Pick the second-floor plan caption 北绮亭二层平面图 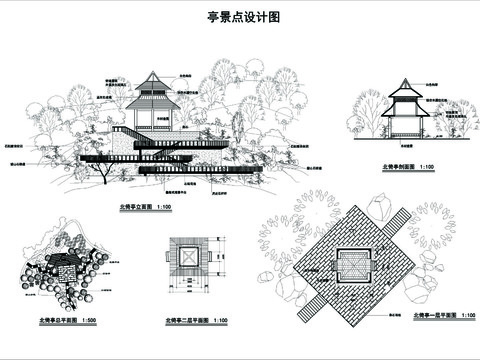click(x=186, y=322)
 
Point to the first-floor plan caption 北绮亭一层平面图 click(x=430, y=315)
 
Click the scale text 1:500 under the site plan click(x=88, y=322)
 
